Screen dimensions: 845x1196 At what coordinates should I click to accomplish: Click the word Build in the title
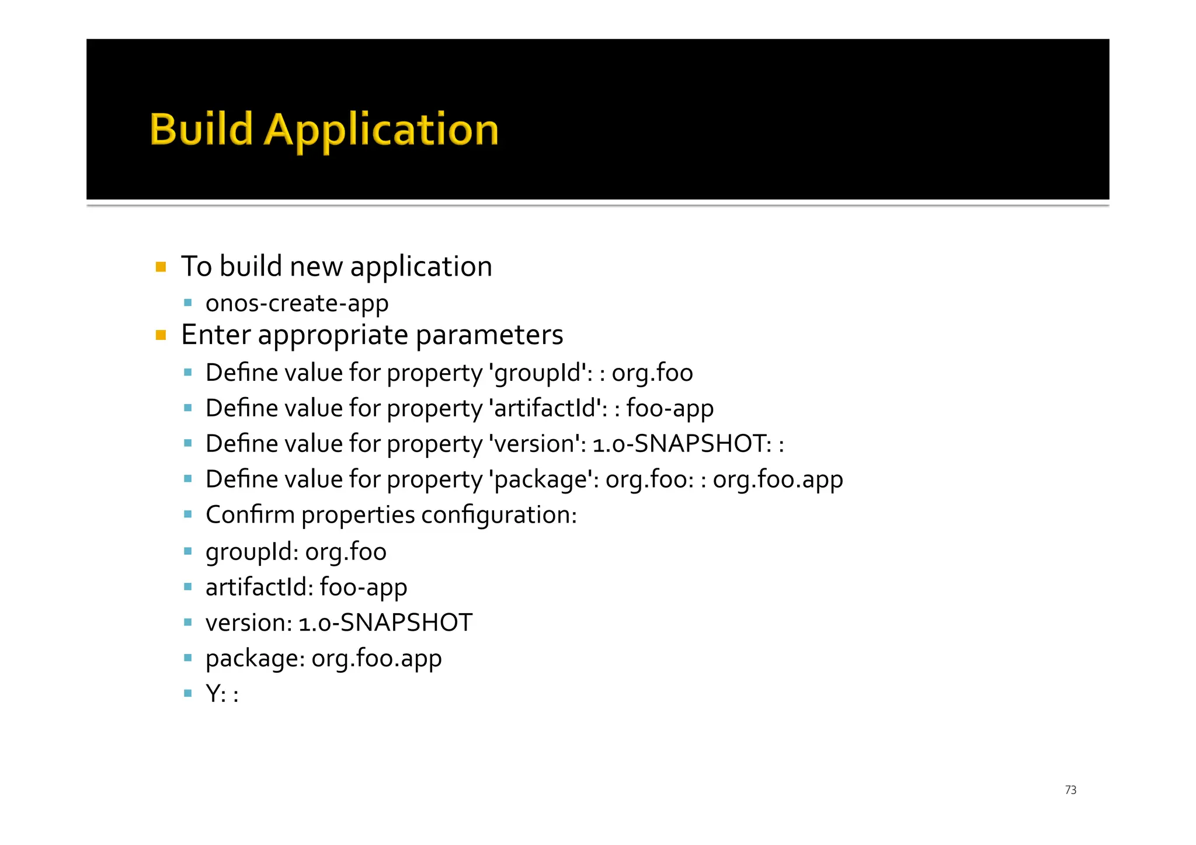pyautogui.click(x=201, y=129)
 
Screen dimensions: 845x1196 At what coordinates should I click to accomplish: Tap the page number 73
pyautogui.click(x=1070, y=790)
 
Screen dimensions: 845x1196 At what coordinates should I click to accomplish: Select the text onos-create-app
pyautogui.click(x=297, y=304)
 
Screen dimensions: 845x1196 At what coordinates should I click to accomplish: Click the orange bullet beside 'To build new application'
pyautogui.click(x=161, y=267)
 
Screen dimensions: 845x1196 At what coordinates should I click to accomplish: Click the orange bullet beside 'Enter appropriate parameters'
pyautogui.click(x=161, y=336)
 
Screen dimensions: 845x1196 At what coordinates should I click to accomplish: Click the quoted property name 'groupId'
pyautogui.click(x=540, y=373)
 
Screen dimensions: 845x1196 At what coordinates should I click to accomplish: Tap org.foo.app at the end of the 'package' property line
pyautogui.click(x=778, y=480)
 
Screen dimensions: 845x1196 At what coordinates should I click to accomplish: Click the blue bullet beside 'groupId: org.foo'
pyautogui.click(x=187, y=551)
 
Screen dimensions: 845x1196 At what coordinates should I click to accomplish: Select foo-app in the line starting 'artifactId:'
pyautogui.click(x=363, y=587)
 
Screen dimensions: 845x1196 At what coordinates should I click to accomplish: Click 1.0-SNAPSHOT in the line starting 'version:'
pyautogui.click(x=385, y=623)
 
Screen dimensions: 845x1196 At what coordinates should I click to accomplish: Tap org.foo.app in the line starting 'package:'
pyautogui.click(x=377, y=659)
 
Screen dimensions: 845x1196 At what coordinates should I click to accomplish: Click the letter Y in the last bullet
pyautogui.click(x=213, y=694)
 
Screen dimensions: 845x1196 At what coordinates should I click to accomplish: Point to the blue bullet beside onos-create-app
pyautogui.click(x=187, y=302)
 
